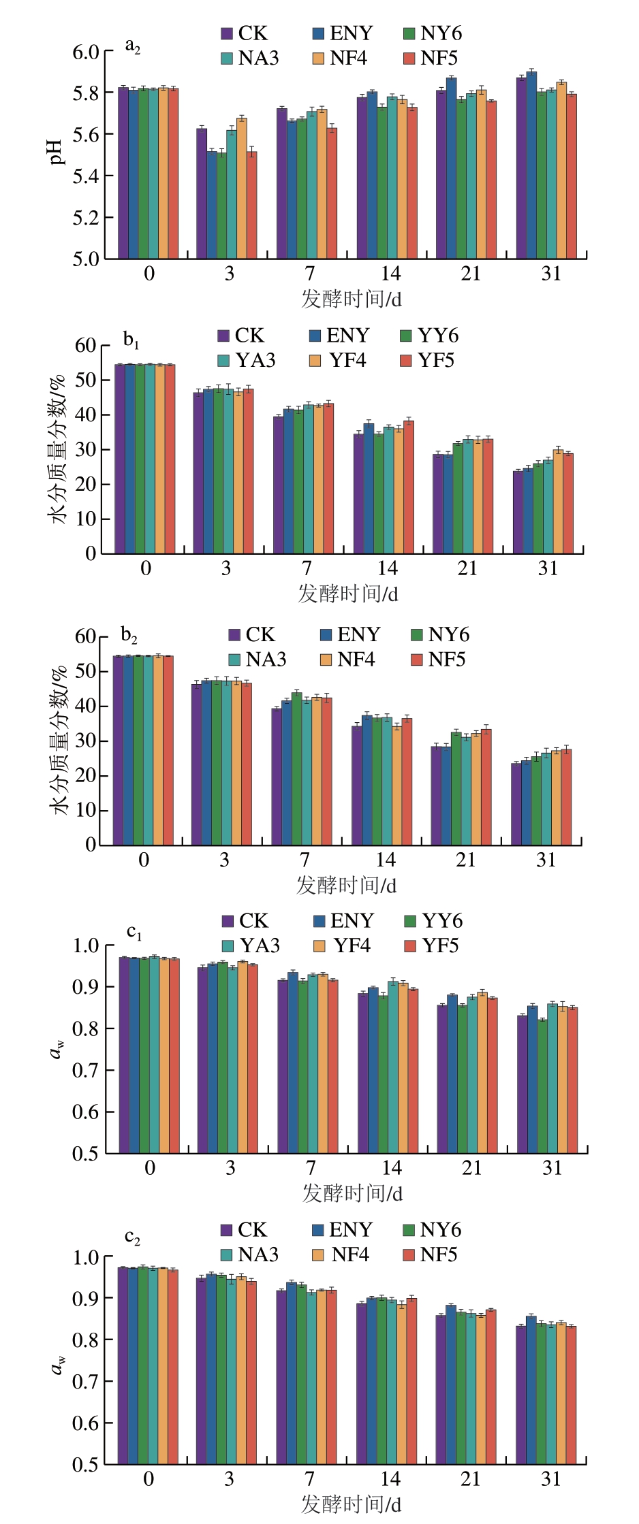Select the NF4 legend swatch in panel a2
click(x=318, y=59)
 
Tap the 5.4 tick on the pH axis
click(x=86, y=176)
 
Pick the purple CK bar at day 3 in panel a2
click(x=202, y=193)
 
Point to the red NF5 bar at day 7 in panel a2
click(x=332, y=193)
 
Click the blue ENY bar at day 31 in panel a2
click(x=531, y=165)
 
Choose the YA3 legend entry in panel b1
click(x=247, y=360)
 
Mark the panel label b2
click(x=129, y=635)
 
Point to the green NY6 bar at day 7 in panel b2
click(x=296, y=769)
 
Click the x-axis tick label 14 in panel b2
click(x=385, y=860)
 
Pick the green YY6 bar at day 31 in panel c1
click(x=542, y=1086)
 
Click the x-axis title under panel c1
click(x=352, y=1193)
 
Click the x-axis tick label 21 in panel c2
click(x=470, y=1478)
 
